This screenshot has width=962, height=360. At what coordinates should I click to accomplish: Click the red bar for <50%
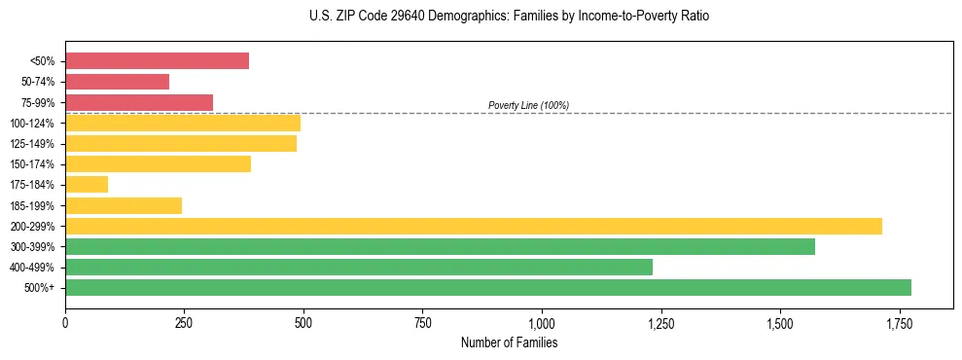pos(157,61)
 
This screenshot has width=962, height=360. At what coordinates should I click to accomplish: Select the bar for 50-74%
pos(117,82)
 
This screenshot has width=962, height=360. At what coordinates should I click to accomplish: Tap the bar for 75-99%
pos(139,102)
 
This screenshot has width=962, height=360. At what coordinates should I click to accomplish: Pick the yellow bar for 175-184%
pos(87,185)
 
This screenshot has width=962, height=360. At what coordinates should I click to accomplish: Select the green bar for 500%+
pos(488,288)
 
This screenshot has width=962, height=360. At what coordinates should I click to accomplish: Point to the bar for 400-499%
pos(359,267)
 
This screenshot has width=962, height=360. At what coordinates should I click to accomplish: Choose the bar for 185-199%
pos(124,205)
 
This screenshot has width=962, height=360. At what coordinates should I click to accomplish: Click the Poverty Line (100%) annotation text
pos(528,105)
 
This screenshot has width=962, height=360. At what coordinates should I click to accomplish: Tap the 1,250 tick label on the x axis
pos(661,323)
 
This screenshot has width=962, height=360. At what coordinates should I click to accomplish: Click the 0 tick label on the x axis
pos(65,323)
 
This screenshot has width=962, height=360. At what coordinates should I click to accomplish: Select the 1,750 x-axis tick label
pos(900,323)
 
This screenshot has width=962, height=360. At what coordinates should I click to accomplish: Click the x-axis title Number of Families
pos(509,342)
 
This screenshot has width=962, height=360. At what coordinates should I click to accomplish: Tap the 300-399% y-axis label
pos(32,247)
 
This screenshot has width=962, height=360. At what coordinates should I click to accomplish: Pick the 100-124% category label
pos(32,124)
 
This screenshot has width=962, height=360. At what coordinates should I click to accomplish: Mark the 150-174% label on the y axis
pos(32,164)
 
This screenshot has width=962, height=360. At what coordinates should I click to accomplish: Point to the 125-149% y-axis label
pos(32,144)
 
